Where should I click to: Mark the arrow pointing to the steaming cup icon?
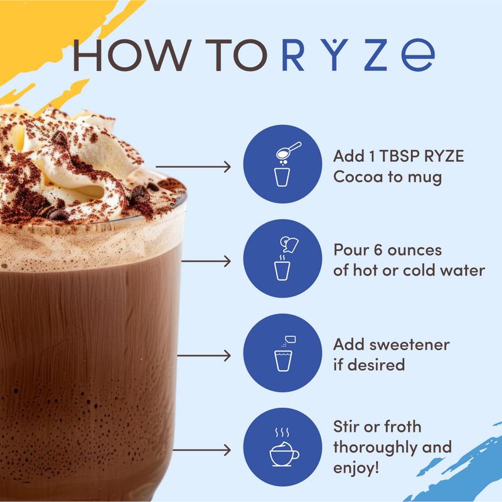pyautogui.click(x=200, y=449)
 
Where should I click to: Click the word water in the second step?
pyautogui.click(x=464, y=271)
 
